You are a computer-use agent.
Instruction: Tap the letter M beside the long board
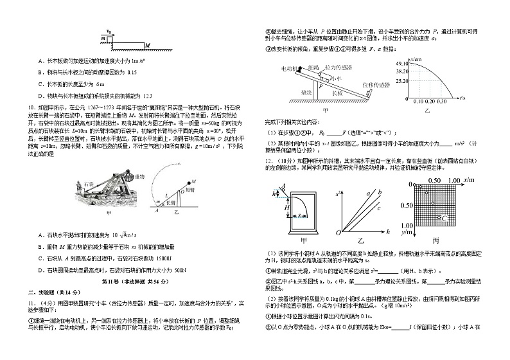(148, 45)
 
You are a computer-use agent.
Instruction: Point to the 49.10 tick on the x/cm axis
(403, 64)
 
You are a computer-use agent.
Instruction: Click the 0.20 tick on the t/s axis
(432, 102)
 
